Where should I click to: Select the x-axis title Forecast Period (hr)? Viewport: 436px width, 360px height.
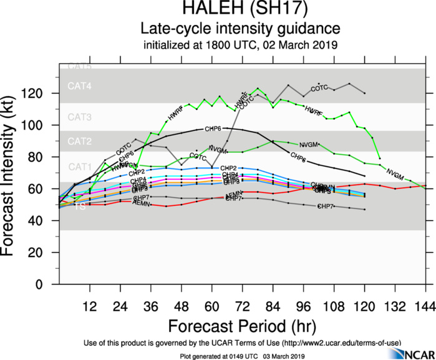pos(241,326)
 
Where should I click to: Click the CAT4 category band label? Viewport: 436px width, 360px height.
pos(80,87)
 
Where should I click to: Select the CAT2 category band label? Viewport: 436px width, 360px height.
pos(80,142)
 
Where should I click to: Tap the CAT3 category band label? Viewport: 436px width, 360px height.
pos(80,117)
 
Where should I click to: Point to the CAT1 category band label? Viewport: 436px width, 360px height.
pos(80,167)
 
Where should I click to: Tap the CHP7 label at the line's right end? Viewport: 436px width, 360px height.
pos(326,206)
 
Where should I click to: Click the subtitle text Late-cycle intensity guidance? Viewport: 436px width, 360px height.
pos(240,28)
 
